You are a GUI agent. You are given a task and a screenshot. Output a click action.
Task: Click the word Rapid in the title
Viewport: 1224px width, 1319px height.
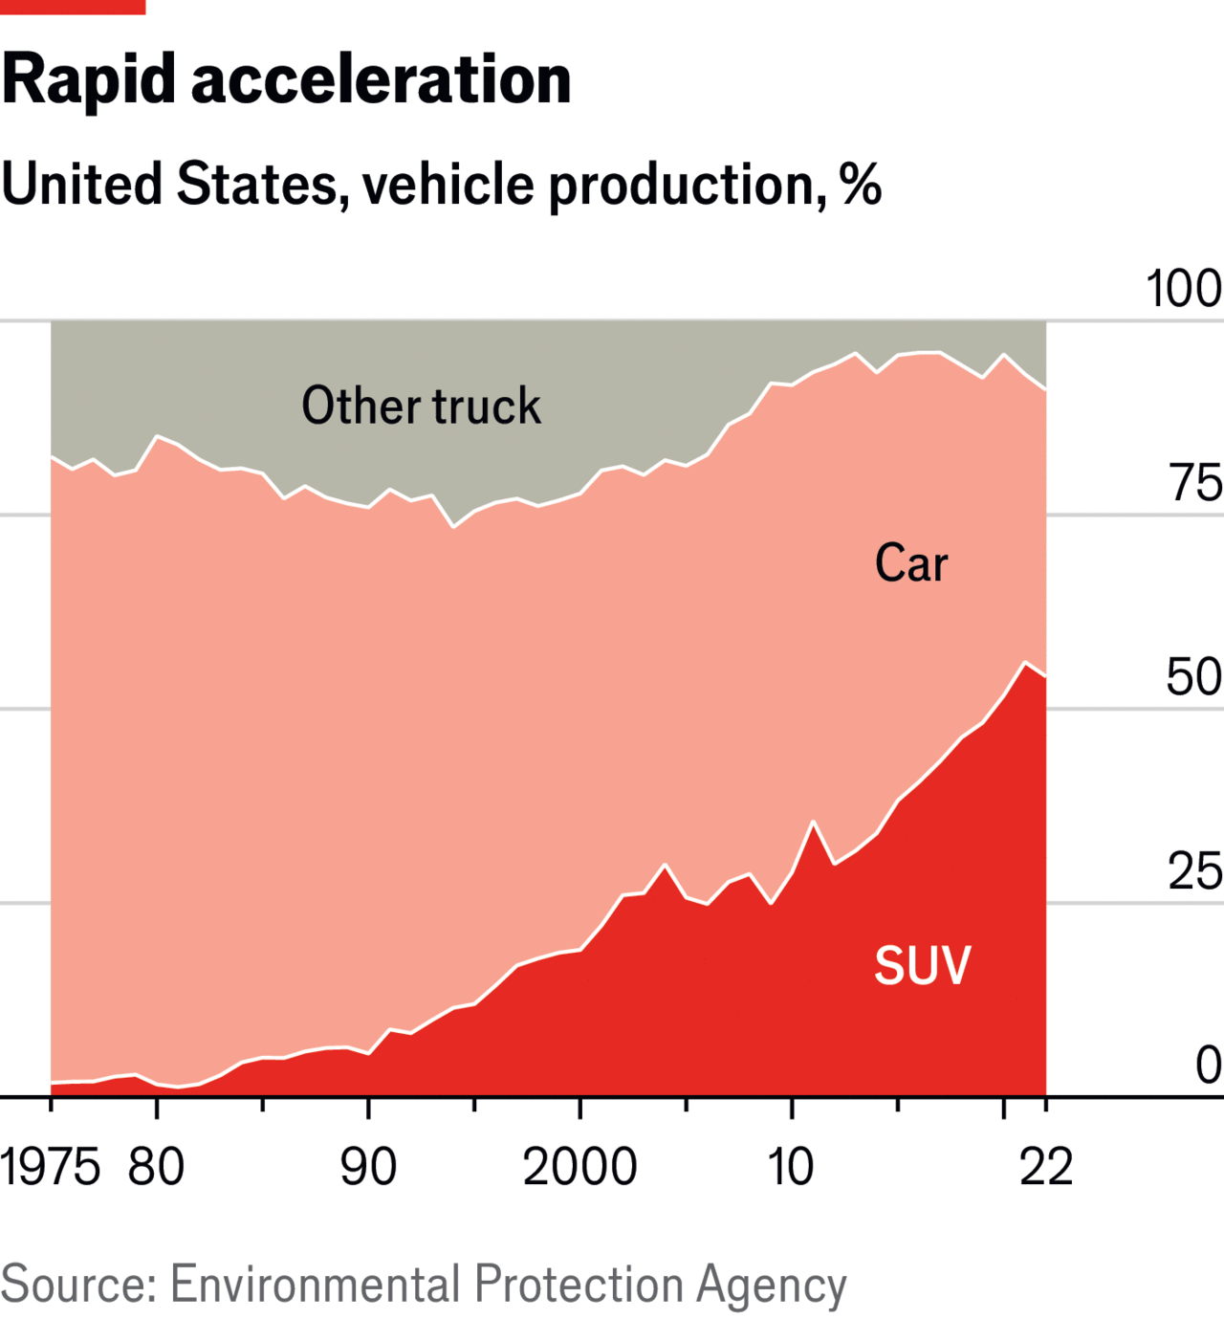89,79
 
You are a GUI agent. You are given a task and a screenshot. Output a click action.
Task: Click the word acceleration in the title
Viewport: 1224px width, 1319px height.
382,79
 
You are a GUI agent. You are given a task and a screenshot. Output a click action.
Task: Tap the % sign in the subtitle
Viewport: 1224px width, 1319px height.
860,185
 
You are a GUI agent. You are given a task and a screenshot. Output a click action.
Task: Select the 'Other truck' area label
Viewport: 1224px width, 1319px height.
421,406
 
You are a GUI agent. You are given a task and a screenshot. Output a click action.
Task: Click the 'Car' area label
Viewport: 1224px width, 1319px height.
911,563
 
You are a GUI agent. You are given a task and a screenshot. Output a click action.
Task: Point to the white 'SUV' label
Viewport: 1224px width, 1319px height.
923,965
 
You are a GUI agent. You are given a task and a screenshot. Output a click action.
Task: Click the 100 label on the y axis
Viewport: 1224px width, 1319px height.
1184,289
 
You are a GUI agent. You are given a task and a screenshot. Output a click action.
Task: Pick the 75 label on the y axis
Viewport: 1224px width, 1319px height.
1194,483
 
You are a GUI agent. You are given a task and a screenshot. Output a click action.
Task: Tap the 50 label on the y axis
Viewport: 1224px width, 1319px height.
1193,677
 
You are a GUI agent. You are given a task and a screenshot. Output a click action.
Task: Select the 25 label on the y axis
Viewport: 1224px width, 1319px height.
1194,871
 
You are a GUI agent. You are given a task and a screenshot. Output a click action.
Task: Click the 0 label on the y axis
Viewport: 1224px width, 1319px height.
1209,1066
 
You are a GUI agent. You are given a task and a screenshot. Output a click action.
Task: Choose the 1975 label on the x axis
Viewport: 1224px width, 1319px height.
50,1168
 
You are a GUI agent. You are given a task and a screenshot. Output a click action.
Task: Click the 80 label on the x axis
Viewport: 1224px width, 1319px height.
156,1168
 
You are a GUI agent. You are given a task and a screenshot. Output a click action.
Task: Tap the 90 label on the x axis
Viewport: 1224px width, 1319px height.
368,1168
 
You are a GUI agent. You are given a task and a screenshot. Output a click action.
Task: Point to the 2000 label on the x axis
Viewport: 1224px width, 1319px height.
579,1168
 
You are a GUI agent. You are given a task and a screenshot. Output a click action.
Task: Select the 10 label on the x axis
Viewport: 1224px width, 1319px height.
791,1168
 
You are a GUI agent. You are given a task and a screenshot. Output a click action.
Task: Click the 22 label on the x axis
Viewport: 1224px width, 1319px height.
1046,1168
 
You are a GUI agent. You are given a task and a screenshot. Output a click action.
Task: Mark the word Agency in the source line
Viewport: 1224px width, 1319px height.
772,1286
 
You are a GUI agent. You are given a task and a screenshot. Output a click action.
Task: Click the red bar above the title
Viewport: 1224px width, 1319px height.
73,7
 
